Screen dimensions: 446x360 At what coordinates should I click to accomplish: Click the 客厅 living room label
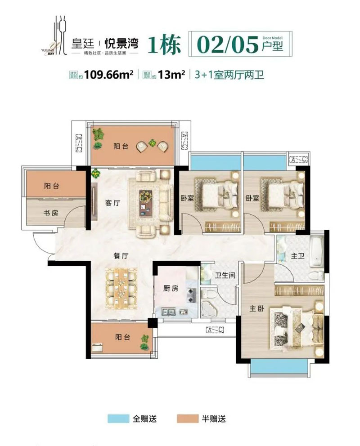112,203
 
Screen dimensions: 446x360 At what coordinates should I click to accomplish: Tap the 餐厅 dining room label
121,256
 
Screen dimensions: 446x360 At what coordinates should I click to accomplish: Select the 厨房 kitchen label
171,288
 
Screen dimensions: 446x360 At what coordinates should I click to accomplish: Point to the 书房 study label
51,213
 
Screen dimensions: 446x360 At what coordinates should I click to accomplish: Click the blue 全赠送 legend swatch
118,419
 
